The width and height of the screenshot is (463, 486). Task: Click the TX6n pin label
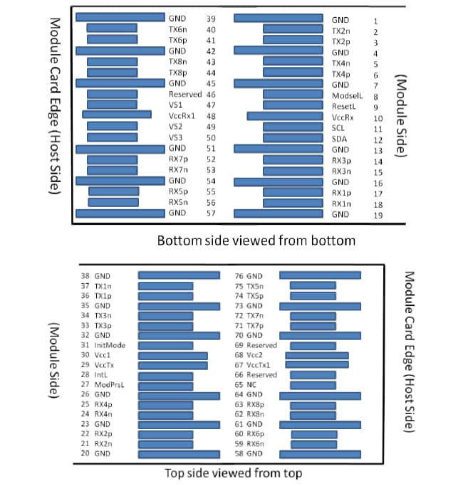pyautogui.click(x=178, y=29)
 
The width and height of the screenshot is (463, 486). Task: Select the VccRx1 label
pyautogui.click(x=182, y=116)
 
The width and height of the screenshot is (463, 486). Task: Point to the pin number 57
pyautogui.click(x=212, y=213)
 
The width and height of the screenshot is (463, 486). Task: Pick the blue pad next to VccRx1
pyautogui.click(x=117, y=115)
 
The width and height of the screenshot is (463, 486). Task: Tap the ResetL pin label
pyautogui.click(x=343, y=105)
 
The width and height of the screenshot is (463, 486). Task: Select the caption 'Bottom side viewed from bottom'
pyautogui.click(x=256, y=241)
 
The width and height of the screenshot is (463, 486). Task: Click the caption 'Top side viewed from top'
pyautogui.click(x=232, y=473)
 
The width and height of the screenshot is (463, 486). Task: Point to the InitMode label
pyautogui.click(x=110, y=344)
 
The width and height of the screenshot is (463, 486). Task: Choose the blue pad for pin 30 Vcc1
pyautogui.click(x=173, y=355)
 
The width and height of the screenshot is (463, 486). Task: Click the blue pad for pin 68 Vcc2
pyautogui.click(x=317, y=355)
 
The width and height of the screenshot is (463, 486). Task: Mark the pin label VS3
pyautogui.click(x=176, y=138)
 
